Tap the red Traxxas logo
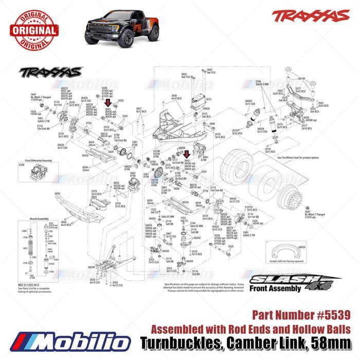(303, 16)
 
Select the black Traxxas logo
(50, 71)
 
